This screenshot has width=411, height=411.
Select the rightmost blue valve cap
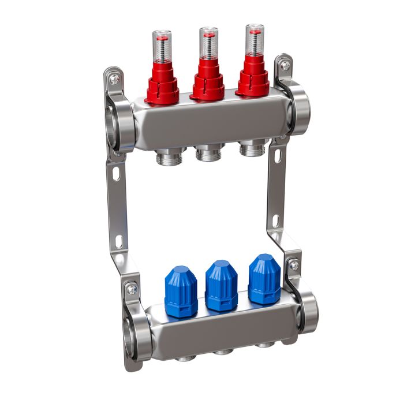click(264, 279)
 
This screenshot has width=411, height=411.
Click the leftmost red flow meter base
click(162, 87)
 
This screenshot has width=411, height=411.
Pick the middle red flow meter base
click(207, 82)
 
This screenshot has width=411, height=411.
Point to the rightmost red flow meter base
click(253, 78)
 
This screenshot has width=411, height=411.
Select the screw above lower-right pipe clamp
click(294, 266)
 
